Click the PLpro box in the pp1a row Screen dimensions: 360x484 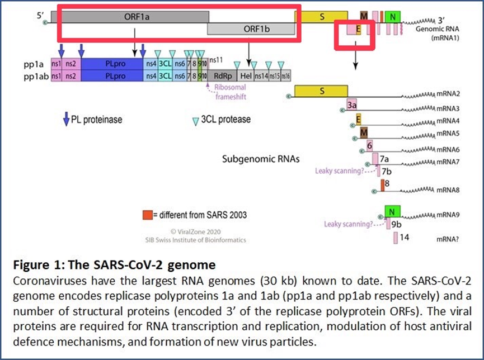112,63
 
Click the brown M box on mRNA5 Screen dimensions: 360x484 363,132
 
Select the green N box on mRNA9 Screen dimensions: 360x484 393,211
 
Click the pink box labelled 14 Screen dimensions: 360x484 395,238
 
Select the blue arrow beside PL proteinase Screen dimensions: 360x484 66,118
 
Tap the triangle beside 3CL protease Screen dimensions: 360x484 195,120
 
